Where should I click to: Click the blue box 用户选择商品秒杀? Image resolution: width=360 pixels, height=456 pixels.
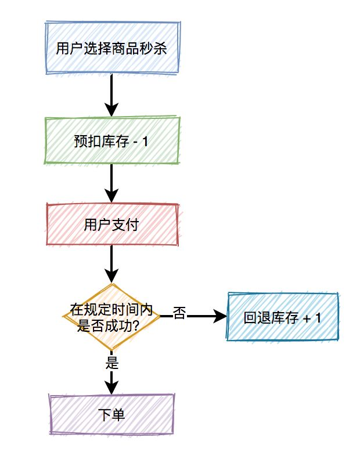[x=111, y=48]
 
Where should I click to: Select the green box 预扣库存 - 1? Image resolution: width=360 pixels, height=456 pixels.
[x=111, y=141]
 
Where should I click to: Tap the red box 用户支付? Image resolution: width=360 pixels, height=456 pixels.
[x=111, y=225]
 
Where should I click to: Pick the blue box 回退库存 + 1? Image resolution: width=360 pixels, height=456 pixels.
[x=283, y=317]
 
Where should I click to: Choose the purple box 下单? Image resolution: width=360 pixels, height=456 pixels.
[x=111, y=414]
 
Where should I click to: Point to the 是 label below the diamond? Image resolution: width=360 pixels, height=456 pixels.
[x=112, y=364]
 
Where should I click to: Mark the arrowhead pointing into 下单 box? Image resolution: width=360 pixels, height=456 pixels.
[x=111, y=388]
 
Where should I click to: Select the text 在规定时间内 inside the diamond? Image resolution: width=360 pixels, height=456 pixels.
[x=110, y=310]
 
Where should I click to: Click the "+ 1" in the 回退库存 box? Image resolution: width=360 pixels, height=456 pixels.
[x=312, y=317]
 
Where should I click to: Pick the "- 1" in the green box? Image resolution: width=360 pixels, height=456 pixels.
[x=142, y=141]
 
